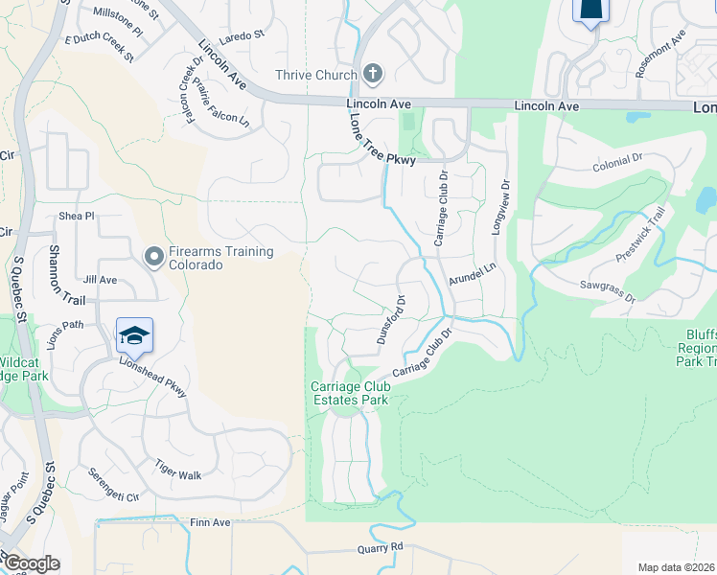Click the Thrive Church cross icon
click(x=373, y=74)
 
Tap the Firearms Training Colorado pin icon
click(x=154, y=256)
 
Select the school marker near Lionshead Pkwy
click(x=135, y=336)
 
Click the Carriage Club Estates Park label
click(x=349, y=393)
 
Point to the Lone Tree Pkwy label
click(x=382, y=139)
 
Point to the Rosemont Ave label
click(x=660, y=53)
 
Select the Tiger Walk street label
click(x=178, y=470)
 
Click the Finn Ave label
click(x=210, y=522)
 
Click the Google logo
click(x=31, y=563)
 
